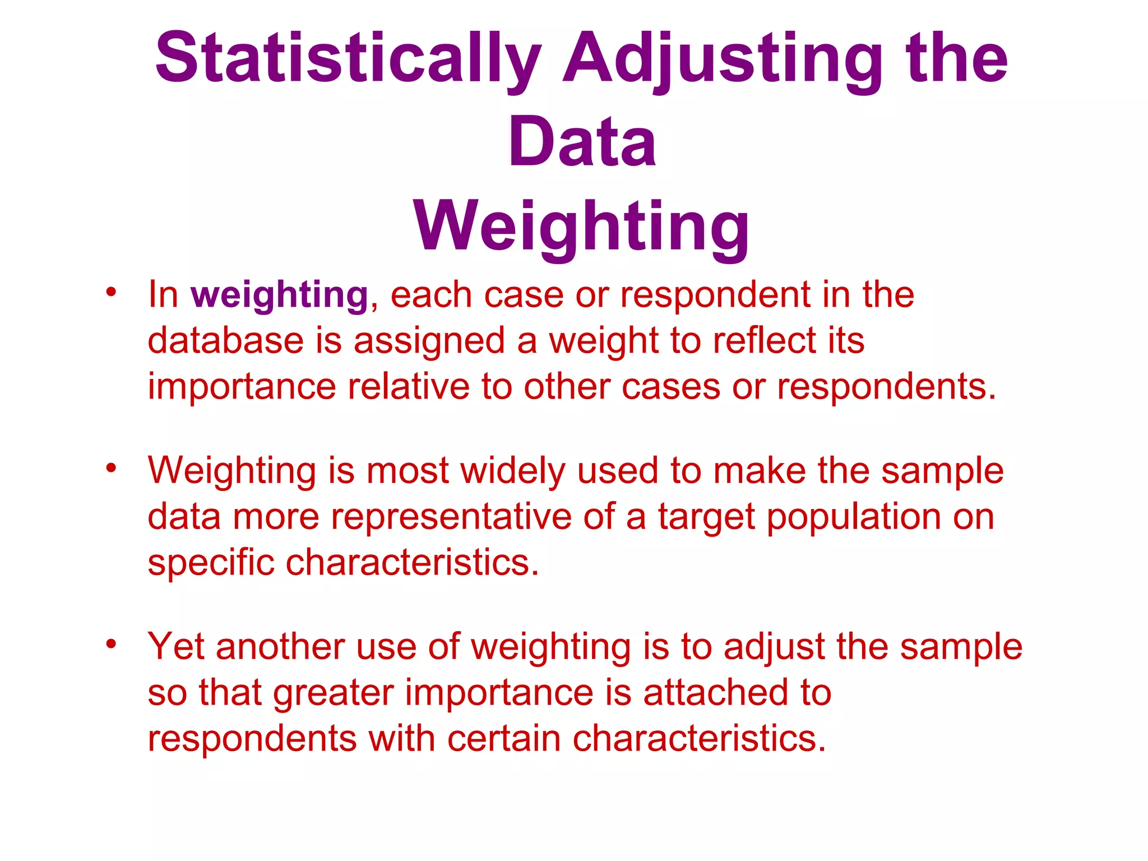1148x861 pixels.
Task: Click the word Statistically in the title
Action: [348, 58]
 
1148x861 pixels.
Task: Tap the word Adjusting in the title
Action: [723, 58]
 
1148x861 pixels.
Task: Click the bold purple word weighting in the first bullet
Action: [279, 295]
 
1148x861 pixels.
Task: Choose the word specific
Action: [211, 563]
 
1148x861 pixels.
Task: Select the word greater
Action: [333, 693]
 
